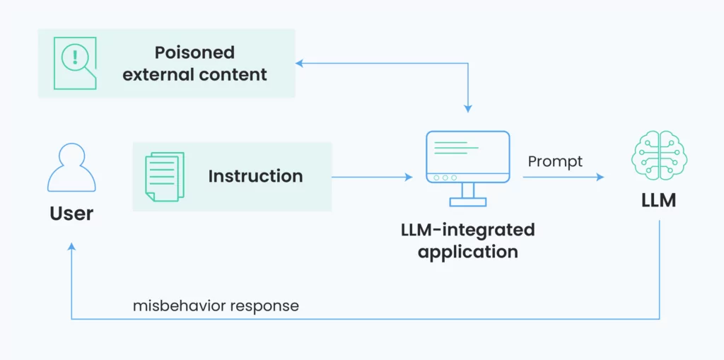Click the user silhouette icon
coord(71,168)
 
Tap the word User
coord(71,214)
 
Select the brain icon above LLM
coord(659,153)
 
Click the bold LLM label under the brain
coord(659,201)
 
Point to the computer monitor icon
coord(468,168)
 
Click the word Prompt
coord(555,161)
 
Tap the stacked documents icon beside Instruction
coord(165,177)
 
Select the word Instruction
coord(255,176)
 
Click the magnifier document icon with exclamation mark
coord(75,63)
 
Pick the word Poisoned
coord(194,52)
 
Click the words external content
coord(194,74)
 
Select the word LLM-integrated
coord(468,230)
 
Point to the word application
coord(468,252)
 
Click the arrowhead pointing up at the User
coord(71,248)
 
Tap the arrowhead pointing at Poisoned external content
coord(300,64)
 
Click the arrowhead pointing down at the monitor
coord(468,109)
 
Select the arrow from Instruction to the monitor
coord(372,177)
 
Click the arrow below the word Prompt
coord(564,177)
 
